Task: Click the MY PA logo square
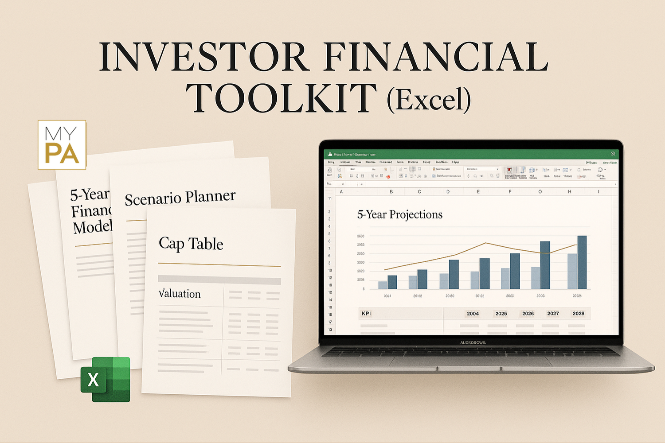pyautogui.click(x=62, y=145)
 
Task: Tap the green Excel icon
pyautogui.click(x=106, y=379)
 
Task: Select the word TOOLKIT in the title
pyautogui.click(x=281, y=98)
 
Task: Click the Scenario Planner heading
pyautogui.click(x=180, y=198)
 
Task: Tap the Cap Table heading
pyautogui.click(x=191, y=244)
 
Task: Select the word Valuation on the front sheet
pyautogui.click(x=180, y=293)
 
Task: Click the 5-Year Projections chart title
pyautogui.click(x=400, y=214)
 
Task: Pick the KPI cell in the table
pyautogui.click(x=366, y=314)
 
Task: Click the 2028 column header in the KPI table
pyautogui.click(x=578, y=314)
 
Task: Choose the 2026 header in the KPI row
pyautogui.click(x=528, y=314)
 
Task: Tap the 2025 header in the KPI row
pyautogui.click(x=501, y=314)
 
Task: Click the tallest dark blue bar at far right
pyautogui.click(x=582, y=262)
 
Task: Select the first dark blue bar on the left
pyautogui.click(x=392, y=282)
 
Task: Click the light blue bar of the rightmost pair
pyautogui.click(x=572, y=271)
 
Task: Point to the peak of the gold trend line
pyautogui.click(x=486, y=243)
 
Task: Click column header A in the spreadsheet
pyautogui.click(x=341, y=192)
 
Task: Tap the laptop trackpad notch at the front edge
pyautogui.click(x=469, y=368)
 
